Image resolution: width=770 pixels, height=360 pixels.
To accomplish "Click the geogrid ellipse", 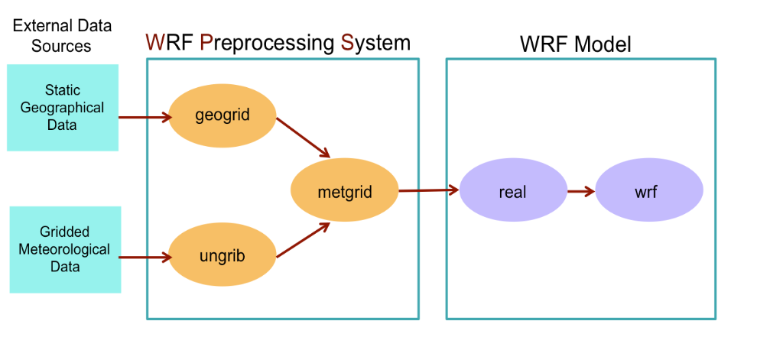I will click(x=223, y=116).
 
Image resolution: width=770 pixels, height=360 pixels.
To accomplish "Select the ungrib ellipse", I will click(x=221, y=257).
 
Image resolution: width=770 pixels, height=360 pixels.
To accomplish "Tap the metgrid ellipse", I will click(x=344, y=191).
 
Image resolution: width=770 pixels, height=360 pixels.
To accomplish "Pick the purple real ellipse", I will click(x=512, y=191).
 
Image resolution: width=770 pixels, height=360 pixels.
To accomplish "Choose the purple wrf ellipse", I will click(x=648, y=191).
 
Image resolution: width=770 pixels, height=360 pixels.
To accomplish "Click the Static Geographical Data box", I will click(x=63, y=107).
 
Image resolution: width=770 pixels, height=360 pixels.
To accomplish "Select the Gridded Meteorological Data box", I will click(x=65, y=249).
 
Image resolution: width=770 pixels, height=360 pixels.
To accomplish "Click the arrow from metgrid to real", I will click(x=428, y=190).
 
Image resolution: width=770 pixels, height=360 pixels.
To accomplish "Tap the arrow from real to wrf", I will click(x=580, y=191).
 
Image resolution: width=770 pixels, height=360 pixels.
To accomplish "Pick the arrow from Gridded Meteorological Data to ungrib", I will click(x=145, y=257).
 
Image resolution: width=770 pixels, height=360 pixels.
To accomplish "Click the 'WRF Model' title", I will click(x=575, y=44).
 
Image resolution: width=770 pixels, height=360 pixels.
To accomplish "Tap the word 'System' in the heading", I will click(x=375, y=43).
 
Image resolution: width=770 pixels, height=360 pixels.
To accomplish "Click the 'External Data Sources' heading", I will click(x=62, y=35).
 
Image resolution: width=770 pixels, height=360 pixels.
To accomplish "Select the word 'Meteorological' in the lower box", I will click(x=65, y=249).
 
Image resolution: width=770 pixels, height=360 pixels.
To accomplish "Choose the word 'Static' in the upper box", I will click(x=62, y=91).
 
